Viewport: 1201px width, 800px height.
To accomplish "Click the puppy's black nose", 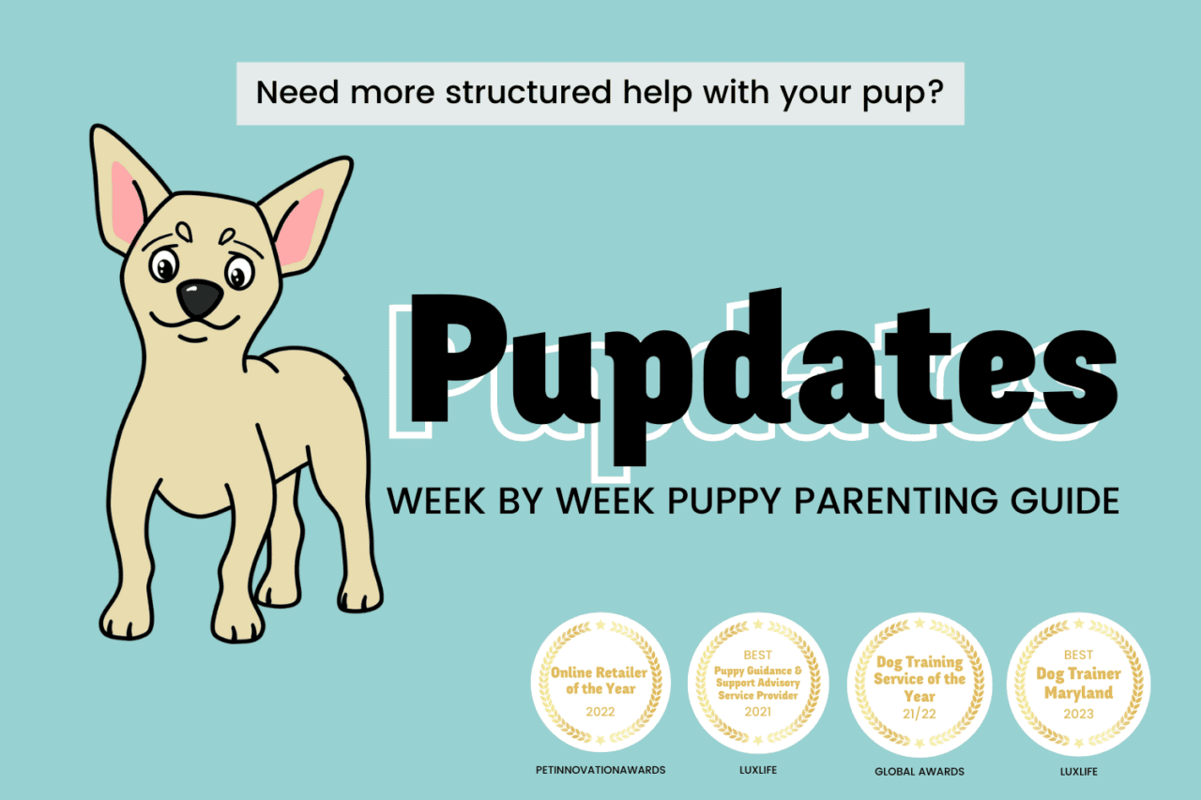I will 200,298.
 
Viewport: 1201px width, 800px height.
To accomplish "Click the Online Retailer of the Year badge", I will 600,683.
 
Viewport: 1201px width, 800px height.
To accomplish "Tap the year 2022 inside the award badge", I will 600,712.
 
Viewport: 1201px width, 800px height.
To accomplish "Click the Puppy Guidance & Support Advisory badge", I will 757,683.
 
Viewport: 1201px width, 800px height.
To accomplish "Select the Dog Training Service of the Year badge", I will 919,683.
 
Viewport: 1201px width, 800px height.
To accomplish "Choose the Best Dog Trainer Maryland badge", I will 1078,683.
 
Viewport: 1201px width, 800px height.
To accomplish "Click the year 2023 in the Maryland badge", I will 1078,714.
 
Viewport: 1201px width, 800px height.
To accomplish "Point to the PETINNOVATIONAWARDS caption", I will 600,770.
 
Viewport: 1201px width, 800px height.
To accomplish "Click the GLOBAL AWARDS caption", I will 919,771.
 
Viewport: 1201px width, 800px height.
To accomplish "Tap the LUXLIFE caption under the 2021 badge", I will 757,770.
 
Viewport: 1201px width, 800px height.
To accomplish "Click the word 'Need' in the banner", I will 289,93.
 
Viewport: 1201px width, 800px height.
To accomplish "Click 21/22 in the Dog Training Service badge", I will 919,713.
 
